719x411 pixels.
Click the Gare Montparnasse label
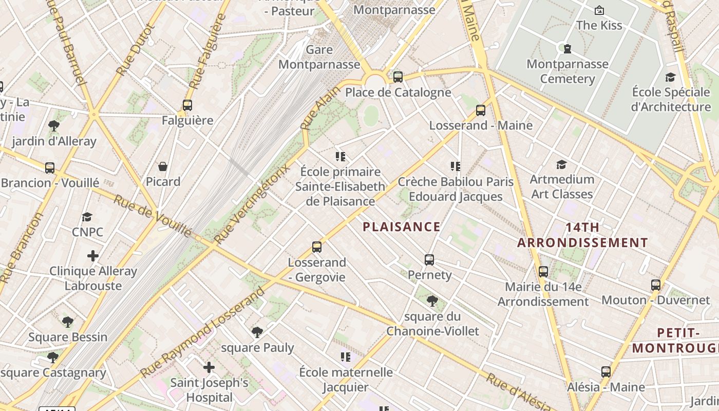click(319, 57)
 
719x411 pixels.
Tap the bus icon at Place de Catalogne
click(398, 77)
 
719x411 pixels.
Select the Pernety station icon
click(429, 260)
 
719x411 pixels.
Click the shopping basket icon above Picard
click(163, 166)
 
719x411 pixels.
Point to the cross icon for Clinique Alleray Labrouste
click(93, 256)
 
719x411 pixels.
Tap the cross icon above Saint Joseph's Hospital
click(209, 367)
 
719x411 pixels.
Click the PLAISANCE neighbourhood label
click(402, 227)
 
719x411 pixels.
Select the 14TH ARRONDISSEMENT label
click(582, 235)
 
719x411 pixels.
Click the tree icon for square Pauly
click(257, 332)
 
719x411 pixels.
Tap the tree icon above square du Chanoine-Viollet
click(432, 301)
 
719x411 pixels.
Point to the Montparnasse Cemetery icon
click(567, 49)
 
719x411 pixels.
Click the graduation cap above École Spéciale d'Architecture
click(670, 77)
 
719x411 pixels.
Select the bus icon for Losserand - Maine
click(481, 110)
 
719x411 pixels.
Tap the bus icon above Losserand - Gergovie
click(317, 247)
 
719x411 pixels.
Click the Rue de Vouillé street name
click(153, 216)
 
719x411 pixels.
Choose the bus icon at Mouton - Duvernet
click(656, 285)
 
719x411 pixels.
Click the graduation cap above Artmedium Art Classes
click(562, 164)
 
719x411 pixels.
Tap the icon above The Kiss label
click(599, 10)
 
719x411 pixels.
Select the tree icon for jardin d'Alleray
click(54, 126)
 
